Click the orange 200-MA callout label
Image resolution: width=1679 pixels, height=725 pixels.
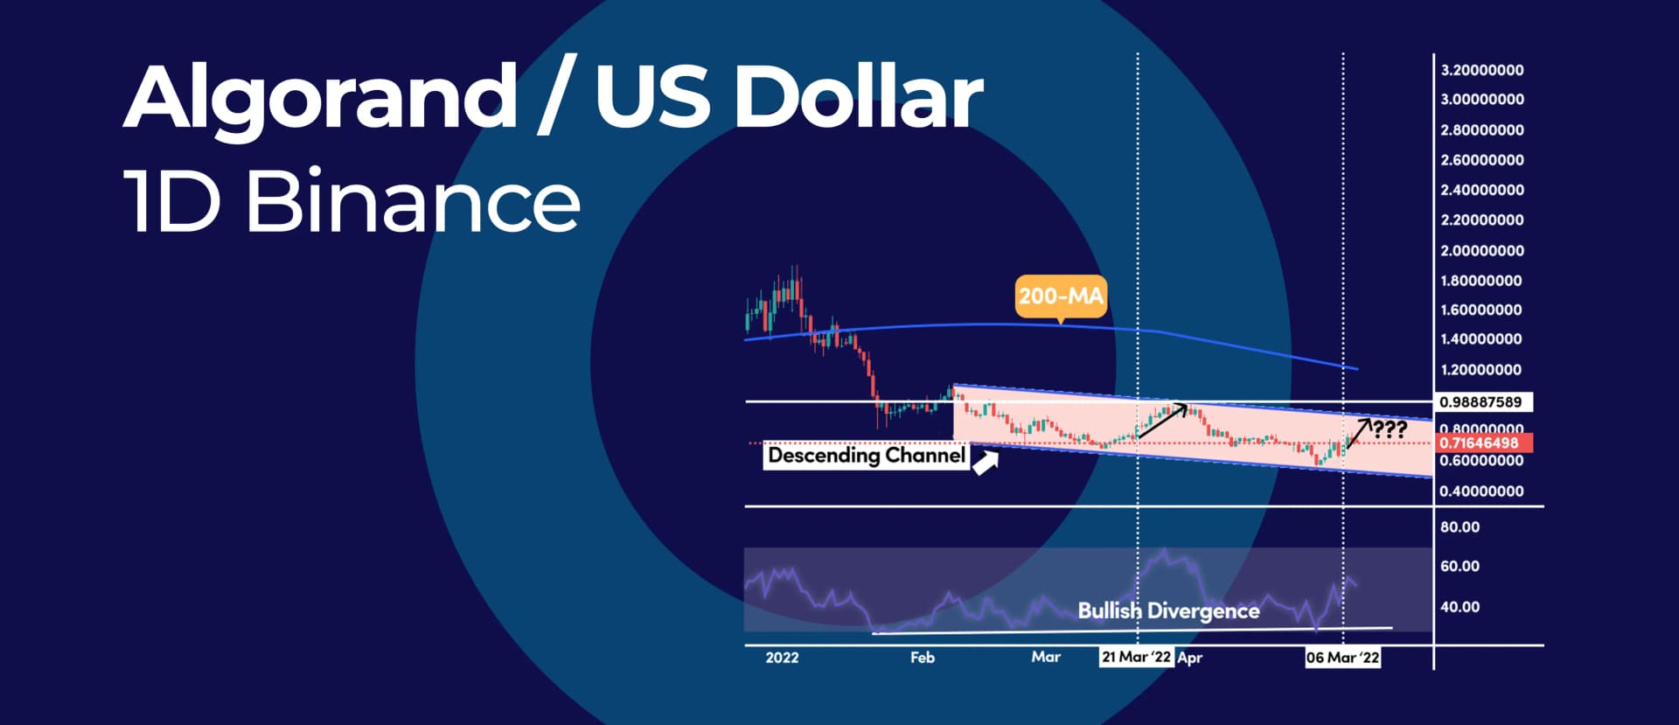tap(1060, 296)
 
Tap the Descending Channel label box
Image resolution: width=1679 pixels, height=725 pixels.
tap(866, 455)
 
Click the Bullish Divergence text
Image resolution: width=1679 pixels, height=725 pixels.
tap(1168, 610)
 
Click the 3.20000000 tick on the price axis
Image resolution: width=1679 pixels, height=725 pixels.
tap(1482, 70)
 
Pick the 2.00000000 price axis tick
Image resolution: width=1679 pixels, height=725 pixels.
tap(1482, 251)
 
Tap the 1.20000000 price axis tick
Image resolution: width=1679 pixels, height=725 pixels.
tap(1482, 370)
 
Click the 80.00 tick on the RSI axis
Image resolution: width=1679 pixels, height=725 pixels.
tap(1460, 527)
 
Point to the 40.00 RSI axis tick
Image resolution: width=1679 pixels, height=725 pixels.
tap(1460, 607)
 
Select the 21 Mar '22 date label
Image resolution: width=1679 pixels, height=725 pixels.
tap(1135, 658)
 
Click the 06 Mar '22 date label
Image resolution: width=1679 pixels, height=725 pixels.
tap(1342, 658)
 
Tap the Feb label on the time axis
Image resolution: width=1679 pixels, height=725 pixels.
tap(923, 658)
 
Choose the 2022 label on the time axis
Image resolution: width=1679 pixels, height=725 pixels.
tap(782, 658)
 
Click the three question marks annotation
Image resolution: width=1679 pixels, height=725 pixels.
tap(1389, 429)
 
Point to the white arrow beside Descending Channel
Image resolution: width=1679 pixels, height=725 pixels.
tap(986, 464)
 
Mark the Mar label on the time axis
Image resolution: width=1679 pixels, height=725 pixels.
tap(1046, 658)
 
